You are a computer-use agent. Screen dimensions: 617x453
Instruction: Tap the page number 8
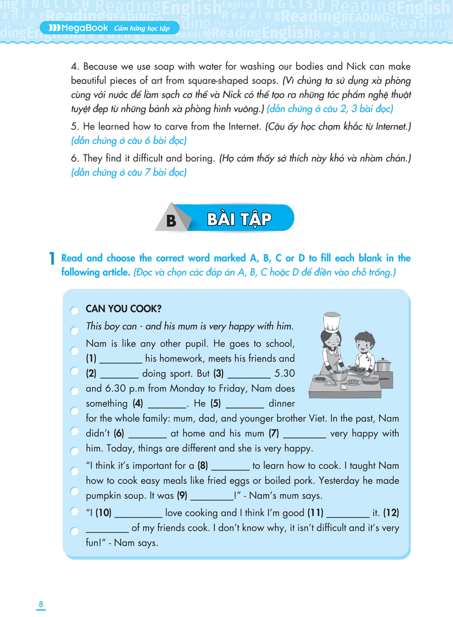tap(41, 604)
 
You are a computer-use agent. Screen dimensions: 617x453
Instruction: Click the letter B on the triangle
tap(171, 221)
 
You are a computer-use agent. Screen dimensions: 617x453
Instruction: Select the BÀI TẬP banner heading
tap(239, 219)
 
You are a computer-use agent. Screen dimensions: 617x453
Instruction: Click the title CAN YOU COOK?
tap(124, 309)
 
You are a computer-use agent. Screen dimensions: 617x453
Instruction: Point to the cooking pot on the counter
tap(383, 365)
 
